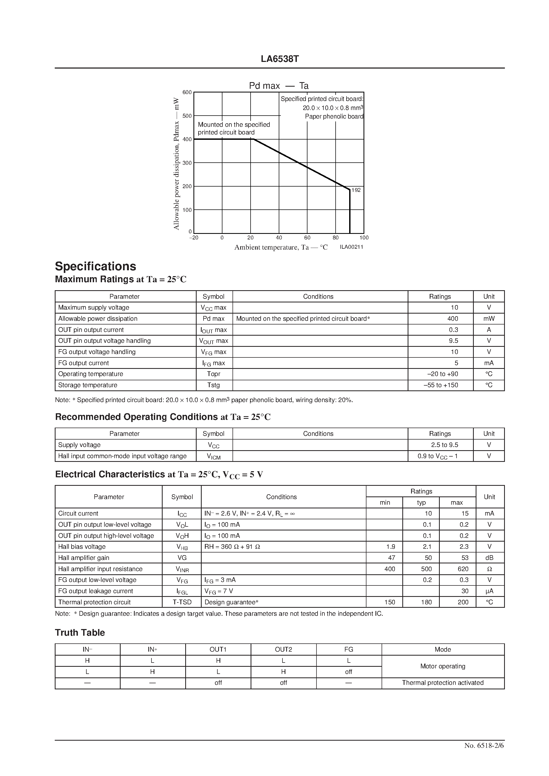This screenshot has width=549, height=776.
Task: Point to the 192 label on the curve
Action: tap(356, 190)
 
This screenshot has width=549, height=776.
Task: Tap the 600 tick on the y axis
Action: tap(187, 92)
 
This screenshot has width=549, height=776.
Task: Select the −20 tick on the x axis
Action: tap(194, 238)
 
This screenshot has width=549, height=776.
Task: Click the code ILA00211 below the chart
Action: tap(351, 247)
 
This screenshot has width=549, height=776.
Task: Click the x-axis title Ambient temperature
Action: tap(281, 247)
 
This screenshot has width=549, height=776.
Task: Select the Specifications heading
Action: tap(95, 266)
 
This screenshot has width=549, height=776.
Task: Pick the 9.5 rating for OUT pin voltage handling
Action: tap(453, 341)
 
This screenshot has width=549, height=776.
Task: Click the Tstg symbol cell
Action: tap(214, 385)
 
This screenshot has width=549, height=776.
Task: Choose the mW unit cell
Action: tap(489, 318)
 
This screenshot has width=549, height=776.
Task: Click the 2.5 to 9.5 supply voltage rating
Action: tap(445, 445)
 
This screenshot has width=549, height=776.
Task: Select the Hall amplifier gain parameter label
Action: tap(83, 558)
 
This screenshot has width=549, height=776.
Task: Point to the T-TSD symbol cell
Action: tap(182, 602)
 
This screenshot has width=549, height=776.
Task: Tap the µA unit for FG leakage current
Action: tap(489, 591)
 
